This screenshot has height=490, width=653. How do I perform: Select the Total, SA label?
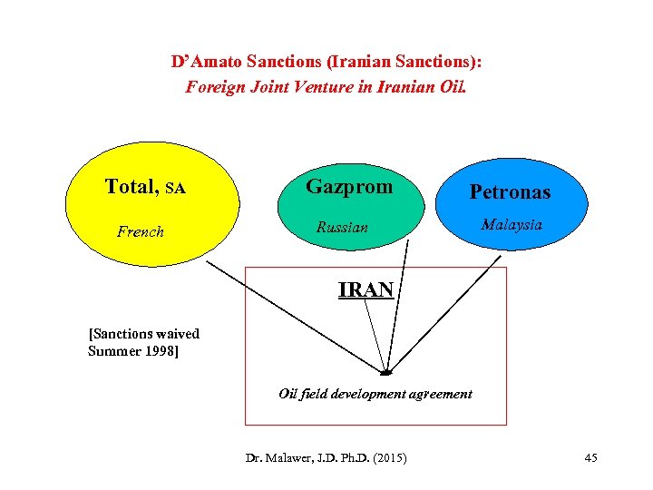145,187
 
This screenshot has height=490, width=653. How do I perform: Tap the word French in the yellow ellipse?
141,231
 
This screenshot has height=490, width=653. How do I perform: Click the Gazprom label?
349,186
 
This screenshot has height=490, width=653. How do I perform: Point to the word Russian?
342,227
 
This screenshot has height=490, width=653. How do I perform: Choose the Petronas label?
510,192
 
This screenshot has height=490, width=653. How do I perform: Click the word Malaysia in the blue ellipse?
512,224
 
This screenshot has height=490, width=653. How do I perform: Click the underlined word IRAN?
365,290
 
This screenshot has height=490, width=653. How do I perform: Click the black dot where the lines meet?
385,372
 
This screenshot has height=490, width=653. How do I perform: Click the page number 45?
590,458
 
